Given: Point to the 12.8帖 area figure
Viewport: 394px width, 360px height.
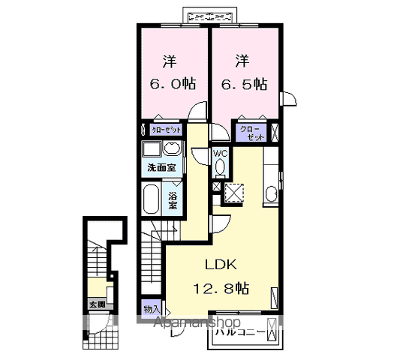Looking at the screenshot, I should click(x=224, y=288).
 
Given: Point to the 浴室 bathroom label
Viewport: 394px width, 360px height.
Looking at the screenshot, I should click(x=173, y=199).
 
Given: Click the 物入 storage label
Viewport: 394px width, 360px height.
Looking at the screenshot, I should click(x=150, y=308).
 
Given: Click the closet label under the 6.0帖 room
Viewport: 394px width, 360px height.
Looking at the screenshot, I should click(x=165, y=130).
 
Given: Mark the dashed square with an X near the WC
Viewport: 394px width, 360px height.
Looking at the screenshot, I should click(x=236, y=192).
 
